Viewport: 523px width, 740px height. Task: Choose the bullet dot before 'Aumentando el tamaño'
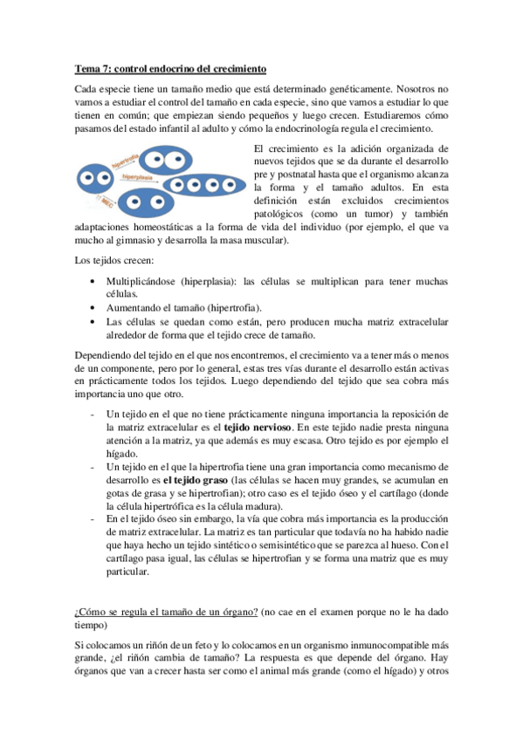click(93, 308)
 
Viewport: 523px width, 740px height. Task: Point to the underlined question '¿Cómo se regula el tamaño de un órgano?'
click(165, 610)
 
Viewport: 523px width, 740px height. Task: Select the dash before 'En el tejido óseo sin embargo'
click(93, 518)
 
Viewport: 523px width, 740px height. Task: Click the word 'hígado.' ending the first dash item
click(122, 454)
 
